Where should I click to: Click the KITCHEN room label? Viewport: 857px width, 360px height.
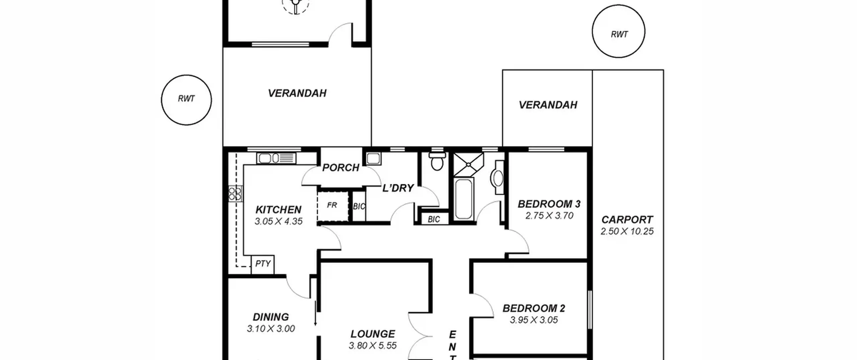pyautogui.click(x=278, y=210)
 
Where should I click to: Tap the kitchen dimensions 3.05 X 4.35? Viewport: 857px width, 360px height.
pyautogui.click(x=279, y=221)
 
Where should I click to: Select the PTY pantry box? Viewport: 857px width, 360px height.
pyautogui.click(x=263, y=265)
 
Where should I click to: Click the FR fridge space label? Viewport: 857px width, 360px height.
pyautogui.click(x=332, y=205)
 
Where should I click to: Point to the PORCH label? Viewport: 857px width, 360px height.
pyautogui.click(x=341, y=167)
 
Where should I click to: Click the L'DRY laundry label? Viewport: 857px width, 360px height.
pyautogui.click(x=398, y=188)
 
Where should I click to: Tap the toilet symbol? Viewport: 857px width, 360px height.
pyautogui.click(x=437, y=161)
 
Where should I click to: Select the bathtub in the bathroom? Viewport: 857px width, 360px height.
pyautogui.click(x=464, y=199)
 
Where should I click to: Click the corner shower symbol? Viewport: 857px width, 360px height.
pyautogui.click(x=468, y=164)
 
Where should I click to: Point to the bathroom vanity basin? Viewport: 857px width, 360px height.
pyautogui.click(x=497, y=177)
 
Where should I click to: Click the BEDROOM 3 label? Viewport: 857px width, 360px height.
pyautogui.click(x=549, y=204)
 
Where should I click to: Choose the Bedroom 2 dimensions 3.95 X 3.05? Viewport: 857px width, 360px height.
pyautogui.click(x=534, y=320)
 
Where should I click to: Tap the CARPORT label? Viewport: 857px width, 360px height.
pyautogui.click(x=627, y=220)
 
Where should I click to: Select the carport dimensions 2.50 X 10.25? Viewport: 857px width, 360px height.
pyautogui.click(x=627, y=231)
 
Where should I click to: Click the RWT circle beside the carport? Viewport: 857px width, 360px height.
pyautogui.click(x=619, y=31)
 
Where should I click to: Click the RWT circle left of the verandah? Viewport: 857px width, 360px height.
pyautogui.click(x=186, y=100)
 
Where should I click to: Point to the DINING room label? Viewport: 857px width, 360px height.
pyautogui.click(x=271, y=317)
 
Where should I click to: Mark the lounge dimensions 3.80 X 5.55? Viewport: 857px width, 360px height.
pyautogui.click(x=373, y=346)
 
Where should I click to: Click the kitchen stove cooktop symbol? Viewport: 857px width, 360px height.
pyautogui.click(x=235, y=194)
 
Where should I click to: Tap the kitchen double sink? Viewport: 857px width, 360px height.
pyautogui.click(x=276, y=158)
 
